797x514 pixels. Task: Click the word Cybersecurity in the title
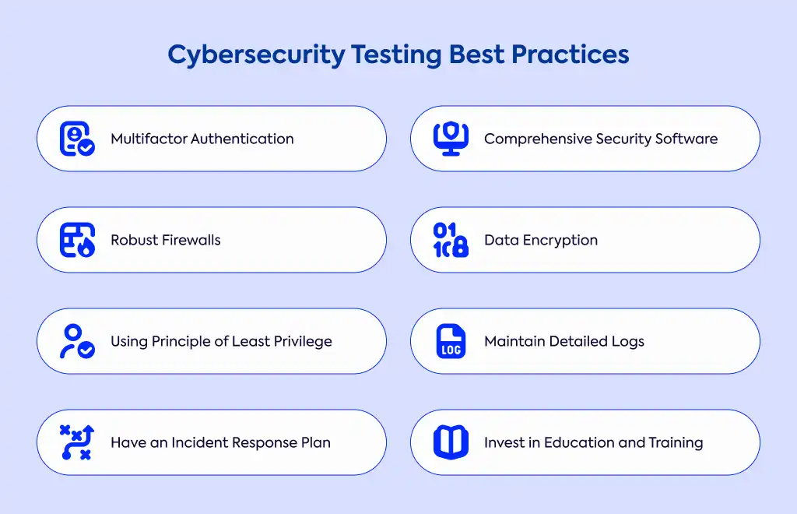(x=256, y=55)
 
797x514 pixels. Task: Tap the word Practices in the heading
(x=571, y=55)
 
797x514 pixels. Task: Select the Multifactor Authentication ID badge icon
(x=77, y=139)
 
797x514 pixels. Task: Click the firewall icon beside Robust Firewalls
(x=77, y=240)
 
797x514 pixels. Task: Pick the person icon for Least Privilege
(x=77, y=341)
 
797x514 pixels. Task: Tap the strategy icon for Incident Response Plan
(x=77, y=442)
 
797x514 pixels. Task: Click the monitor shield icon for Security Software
(x=451, y=139)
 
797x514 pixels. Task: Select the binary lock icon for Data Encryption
(x=451, y=240)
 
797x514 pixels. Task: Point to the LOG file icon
(x=451, y=341)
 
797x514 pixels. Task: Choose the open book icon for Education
(x=451, y=442)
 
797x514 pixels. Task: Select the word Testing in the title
(x=396, y=55)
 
